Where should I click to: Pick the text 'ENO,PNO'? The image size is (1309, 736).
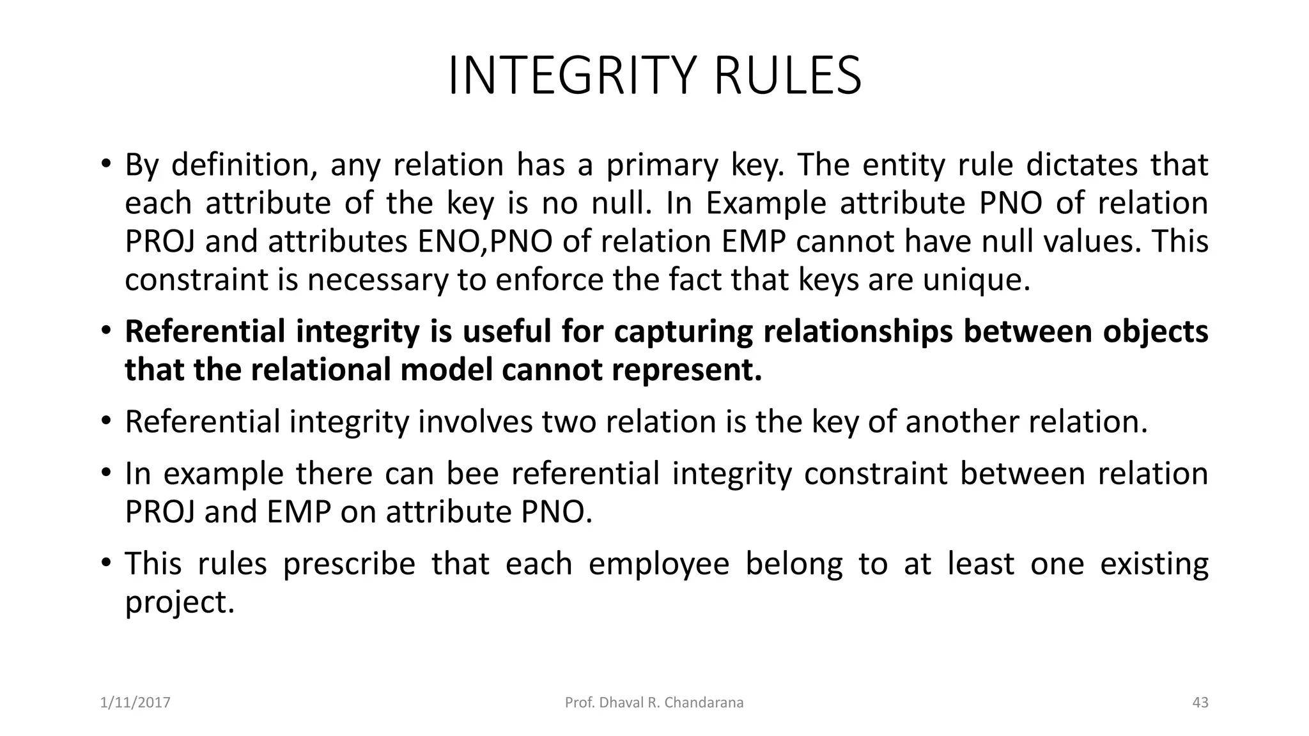[x=485, y=242]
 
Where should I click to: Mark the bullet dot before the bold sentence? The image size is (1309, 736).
[x=105, y=331]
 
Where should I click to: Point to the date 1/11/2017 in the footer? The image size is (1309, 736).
[x=136, y=703]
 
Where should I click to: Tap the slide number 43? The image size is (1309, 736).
[x=1200, y=703]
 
